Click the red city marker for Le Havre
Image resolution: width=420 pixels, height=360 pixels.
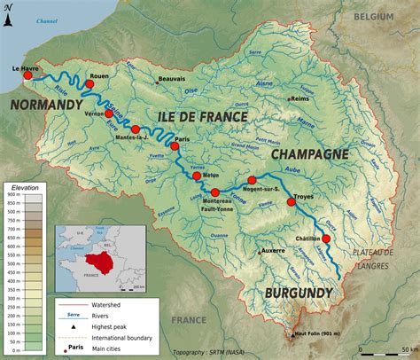point(27,77)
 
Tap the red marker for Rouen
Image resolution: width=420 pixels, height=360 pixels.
point(89,84)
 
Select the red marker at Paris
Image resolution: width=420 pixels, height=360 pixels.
point(175,147)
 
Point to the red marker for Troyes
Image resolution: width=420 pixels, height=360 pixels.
point(291,203)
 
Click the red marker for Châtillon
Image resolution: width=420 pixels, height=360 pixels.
point(326,239)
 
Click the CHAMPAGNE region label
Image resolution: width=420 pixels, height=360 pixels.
point(309,154)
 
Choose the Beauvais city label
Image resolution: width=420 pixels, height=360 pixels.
point(172,79)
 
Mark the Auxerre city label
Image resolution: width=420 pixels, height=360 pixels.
point(273,251)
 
